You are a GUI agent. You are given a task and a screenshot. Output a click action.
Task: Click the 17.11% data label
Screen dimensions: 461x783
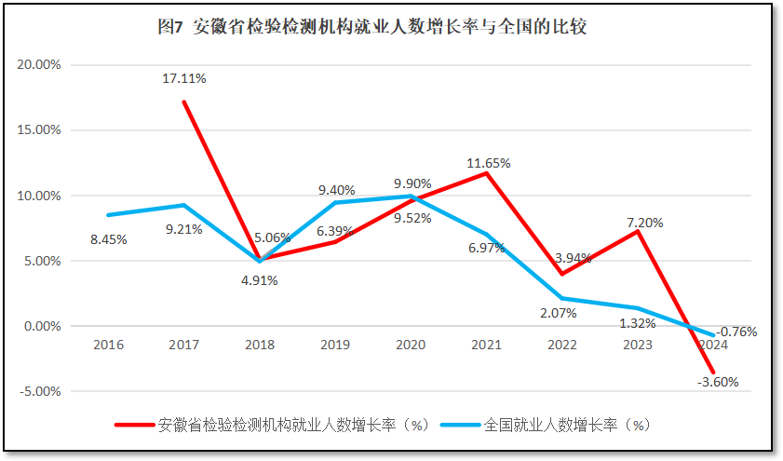click(x=184, y=78)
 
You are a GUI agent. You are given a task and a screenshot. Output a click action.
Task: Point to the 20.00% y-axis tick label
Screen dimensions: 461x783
click(x=38, y=65)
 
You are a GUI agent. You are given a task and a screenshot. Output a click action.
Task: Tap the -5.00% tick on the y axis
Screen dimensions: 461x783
click(x=38, y=391)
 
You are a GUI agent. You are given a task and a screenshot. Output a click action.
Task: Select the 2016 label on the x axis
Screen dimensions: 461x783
click(x=109, y=345)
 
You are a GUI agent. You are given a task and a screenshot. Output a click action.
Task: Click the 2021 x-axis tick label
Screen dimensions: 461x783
click(x=486, y=345)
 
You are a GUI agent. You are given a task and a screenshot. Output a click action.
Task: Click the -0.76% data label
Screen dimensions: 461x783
click(x=736, y=331)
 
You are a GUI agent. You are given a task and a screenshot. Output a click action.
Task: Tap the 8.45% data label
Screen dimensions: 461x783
click(x=109, y=239)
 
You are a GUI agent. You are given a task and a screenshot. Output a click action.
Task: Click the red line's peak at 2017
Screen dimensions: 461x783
click(x=184, y=102)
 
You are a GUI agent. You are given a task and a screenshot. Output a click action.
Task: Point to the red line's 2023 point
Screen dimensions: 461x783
click(x=637, y=231)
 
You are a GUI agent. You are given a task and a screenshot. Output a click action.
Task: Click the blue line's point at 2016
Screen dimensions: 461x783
click(x=109, y=215)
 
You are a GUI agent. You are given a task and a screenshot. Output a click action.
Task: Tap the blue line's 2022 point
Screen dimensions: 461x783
click(x=561, y=298)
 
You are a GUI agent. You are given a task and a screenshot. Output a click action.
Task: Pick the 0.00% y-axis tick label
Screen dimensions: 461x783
click(x=41, y=326)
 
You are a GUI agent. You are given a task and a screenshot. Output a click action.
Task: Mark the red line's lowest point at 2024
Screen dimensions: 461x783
click(x=712, y=373)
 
